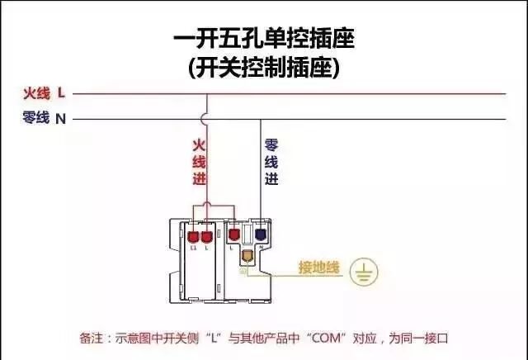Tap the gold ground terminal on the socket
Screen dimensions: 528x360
pos(246,257)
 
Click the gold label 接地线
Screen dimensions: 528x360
pos(318,268)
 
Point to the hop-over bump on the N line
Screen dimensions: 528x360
pos(206,118)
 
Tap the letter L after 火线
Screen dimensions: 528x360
pos(61,93)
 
